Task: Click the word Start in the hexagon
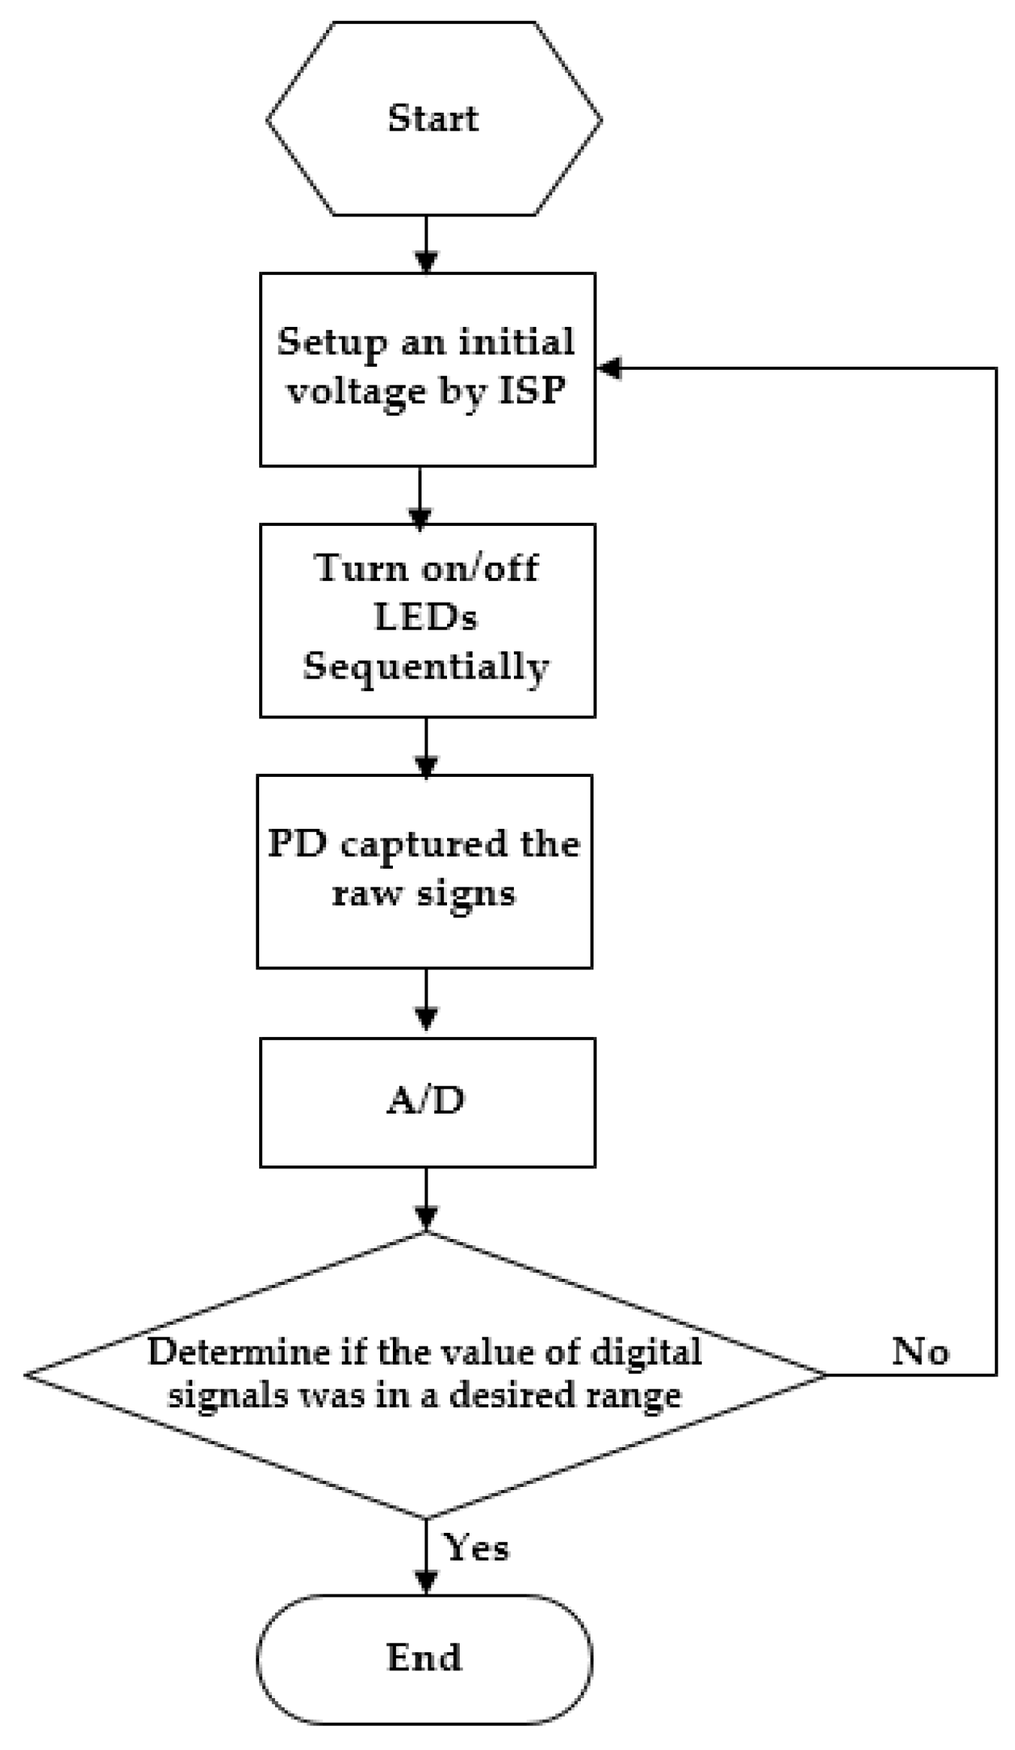[433, 119]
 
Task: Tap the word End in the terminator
[424, 1657]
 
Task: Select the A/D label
[426, 1102]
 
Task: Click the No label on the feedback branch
[920, 1352]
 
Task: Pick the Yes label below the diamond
[477, 1548]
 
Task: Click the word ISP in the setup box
[532, 390]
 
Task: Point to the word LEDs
[426, 618]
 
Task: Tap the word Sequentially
[426, 666]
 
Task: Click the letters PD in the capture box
[298, 844]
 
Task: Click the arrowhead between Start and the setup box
[426, 261]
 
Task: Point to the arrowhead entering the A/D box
[426, 1018]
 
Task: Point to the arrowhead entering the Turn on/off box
[419, 518]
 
